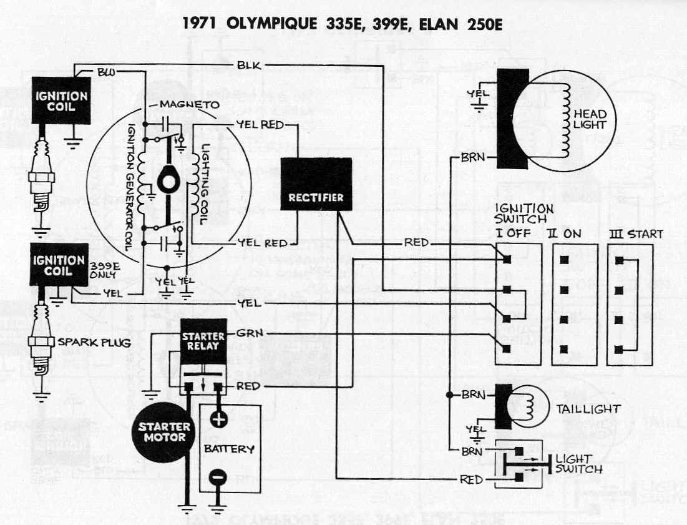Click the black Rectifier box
pyautogui.click(x=316, y=184)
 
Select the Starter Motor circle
pyautogui.click(x=164, y=432)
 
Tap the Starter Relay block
pyautogui.click(x=204, y=341)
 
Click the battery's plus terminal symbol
pyautogui.click(x=218, y=420)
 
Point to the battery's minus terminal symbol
pyautogui.click(x=218, y=477)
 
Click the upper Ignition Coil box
pyautogui.click(x=61, y=101)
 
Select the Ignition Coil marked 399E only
pyautogui.click(x=59, y=265)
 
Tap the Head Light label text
pyautogui.click(x=590, y=119)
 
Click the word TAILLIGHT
pyautogui.click(x=588, y=410)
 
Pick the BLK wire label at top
pyautogui.click(x=249, y=66)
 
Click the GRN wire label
pyautogui.click(x=250, y=333)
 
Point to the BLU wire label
pyautogui.click(x=106, y=72)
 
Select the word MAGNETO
pyautogui.click(x=189, y=104)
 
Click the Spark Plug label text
pyautogui.click(x=94, y=342)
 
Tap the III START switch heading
pyautogui.click(x=636, y=234)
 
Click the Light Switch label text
pyautogui.click(x=579, y=464)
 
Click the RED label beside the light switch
pyautogui.click(x=471, y=480)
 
